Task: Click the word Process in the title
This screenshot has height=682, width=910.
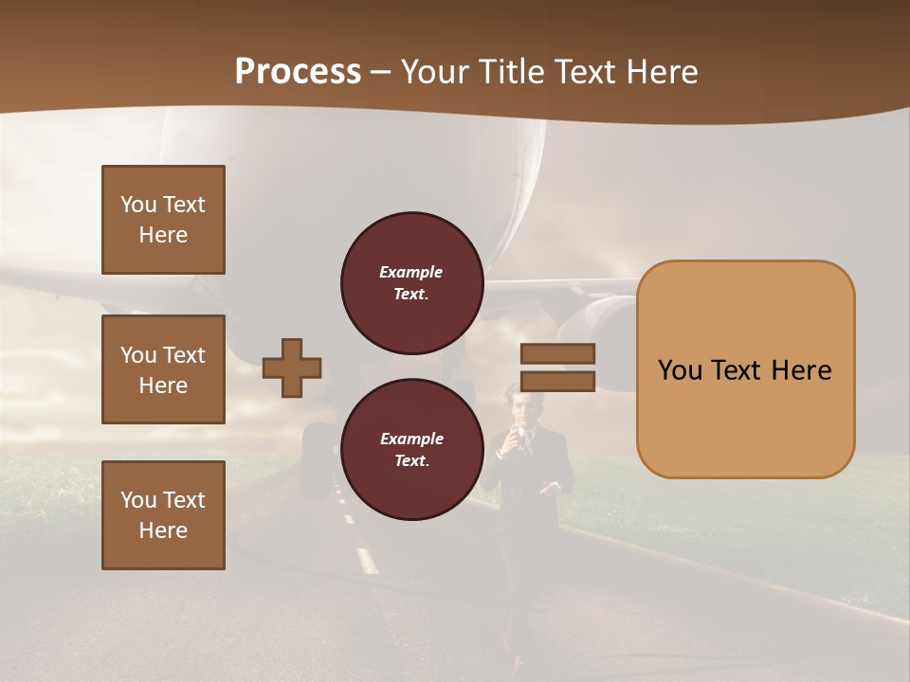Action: click(298, 72)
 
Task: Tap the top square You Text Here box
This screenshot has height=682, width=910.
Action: click(163, 220)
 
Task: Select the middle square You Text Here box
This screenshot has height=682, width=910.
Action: click(163, 369)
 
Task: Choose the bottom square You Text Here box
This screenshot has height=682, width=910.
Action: click(163, 515)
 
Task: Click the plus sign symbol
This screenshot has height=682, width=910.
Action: click(292, 368)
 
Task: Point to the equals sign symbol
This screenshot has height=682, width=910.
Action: click(558, 368)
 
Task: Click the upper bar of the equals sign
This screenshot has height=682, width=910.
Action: click(558, 353)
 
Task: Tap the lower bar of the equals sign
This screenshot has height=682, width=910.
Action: click(558, 381)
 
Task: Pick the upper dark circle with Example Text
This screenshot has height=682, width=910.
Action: click(411, 282)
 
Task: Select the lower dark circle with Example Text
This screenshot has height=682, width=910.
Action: click(411, 449)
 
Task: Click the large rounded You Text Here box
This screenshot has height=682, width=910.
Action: click(745, 369)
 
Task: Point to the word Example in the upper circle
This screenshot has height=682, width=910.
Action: click(411, 272)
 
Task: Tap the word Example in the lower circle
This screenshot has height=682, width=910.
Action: click(411, 439)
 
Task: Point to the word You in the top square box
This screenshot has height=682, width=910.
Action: click(137, 205)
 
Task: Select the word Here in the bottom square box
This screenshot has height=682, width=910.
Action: click(163, 530)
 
